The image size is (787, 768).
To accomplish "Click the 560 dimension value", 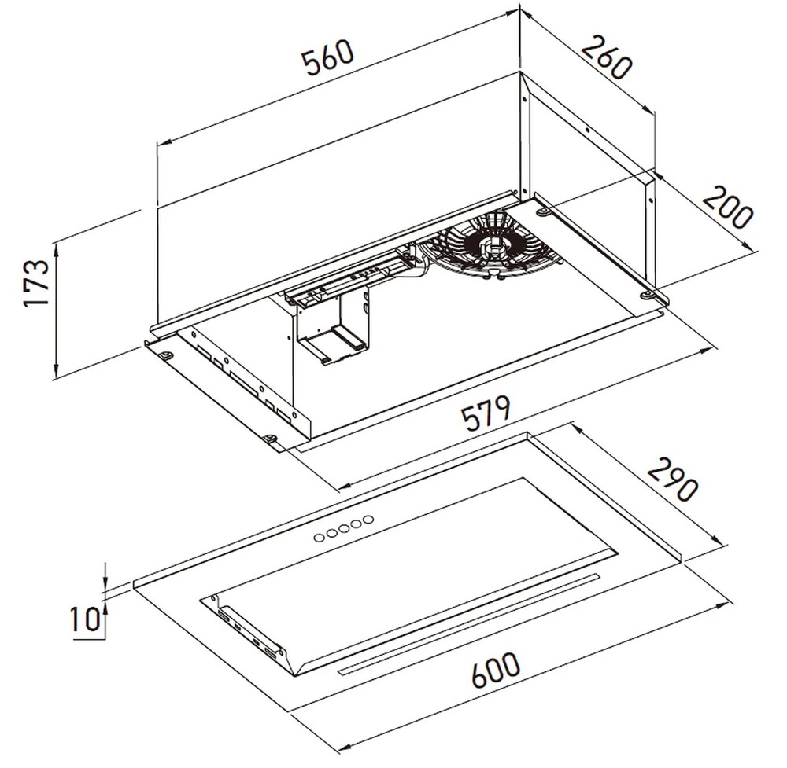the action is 329,57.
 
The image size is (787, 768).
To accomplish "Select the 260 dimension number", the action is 606,57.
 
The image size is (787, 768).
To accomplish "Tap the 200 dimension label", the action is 727,207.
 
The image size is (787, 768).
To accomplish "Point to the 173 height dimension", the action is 37,282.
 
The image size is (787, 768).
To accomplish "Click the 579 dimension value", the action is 486,413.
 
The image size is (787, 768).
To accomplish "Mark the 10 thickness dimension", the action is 85,619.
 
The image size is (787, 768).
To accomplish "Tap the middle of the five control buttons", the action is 344,528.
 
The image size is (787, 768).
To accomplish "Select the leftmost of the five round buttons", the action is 319,538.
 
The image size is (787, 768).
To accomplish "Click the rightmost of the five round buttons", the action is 369,519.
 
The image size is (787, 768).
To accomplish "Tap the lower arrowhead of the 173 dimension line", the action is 56,371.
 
